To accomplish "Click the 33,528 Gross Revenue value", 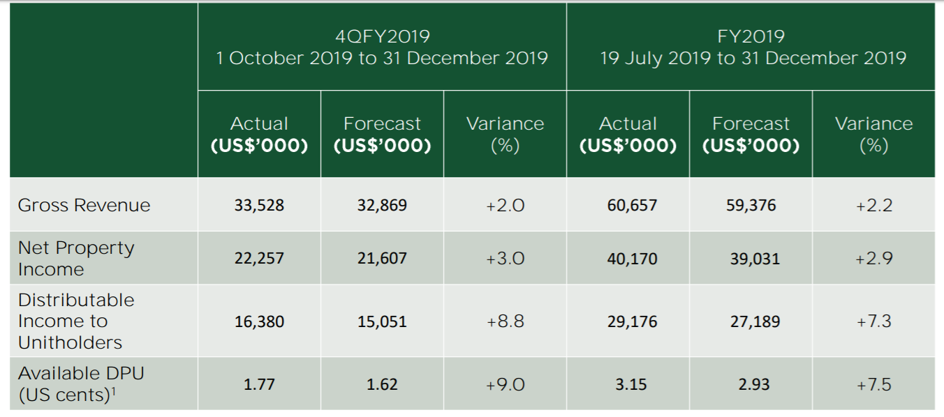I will coord(259,205).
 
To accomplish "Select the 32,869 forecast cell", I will coord(382,205).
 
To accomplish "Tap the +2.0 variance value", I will coord(505,205).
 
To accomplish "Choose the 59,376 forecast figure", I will coord(751,205).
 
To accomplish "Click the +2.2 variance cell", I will coord(873,205).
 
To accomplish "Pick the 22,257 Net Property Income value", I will coord(259,258).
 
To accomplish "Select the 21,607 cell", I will coord(382,258).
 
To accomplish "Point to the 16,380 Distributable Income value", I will coord(259,321).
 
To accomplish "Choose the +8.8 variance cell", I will coord(505,321).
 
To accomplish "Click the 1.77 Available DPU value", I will coord(259,384).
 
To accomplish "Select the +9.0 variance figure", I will coord(505,384).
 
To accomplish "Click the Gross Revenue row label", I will coord(84,205).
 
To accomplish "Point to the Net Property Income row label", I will coord(76,258).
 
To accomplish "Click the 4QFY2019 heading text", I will coord(382,36).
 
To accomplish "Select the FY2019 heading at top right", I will coord(751,36).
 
